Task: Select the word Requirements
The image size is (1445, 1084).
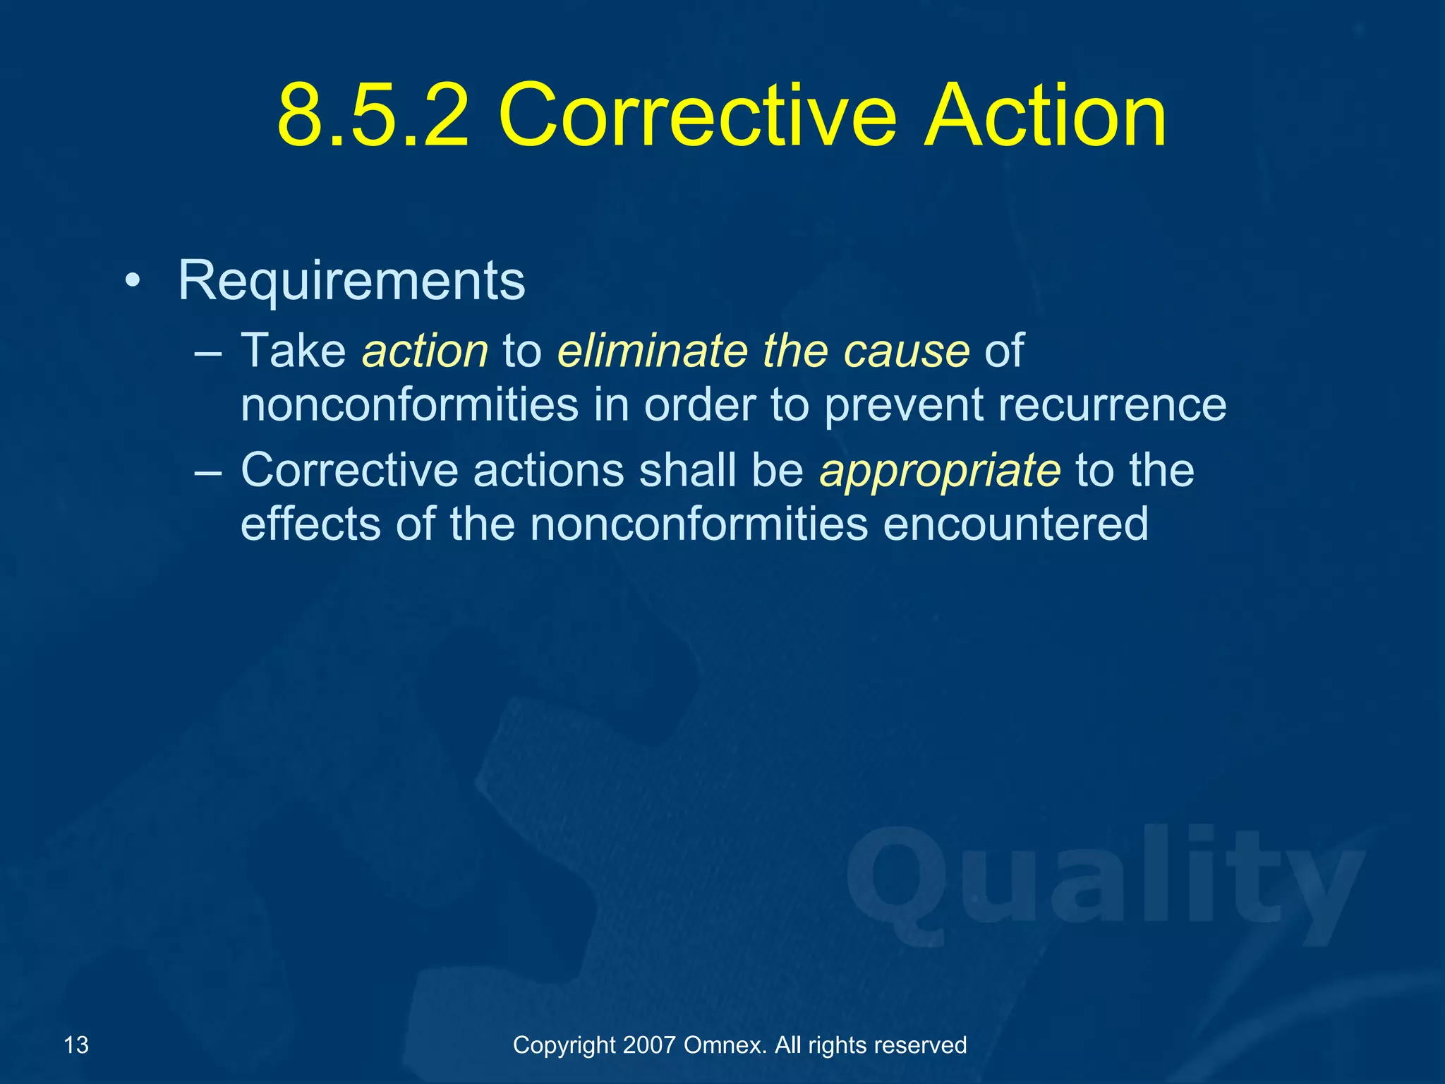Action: click(351, 281)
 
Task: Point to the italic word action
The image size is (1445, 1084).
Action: click(425, 351)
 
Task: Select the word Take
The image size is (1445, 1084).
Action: click(294, 351)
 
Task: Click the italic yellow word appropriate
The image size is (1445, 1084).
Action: click(940, 471)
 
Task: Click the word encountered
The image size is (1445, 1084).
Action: click(1015, 524)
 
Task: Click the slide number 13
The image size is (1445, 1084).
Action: click(76, 1044)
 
